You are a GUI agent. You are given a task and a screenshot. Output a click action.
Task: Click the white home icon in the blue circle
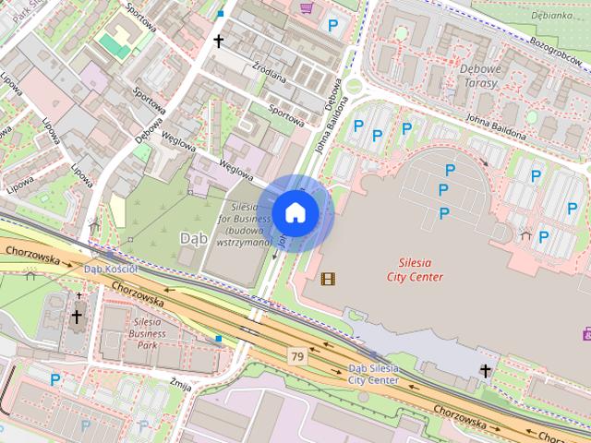click(x=295, y=212)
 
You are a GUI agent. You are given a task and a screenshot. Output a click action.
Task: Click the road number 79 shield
click(x=296, y=356)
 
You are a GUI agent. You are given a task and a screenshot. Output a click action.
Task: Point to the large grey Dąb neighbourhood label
click(x=192, y=239)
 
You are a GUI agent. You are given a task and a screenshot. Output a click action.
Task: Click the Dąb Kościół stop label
click(x=110, y=269)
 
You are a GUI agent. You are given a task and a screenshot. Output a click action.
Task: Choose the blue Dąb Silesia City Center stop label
click(x=374, y=374)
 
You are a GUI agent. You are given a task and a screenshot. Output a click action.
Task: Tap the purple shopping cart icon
click(x=306, y=7)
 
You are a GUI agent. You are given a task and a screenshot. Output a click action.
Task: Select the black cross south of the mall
click(x=486, y=371)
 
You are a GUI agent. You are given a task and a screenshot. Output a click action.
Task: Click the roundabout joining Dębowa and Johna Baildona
click(x=354, y=87)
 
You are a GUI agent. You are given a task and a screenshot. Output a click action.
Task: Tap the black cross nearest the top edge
click(x=220, y=42)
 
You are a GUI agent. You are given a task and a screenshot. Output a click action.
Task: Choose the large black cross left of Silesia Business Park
click(x=76, y=317)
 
